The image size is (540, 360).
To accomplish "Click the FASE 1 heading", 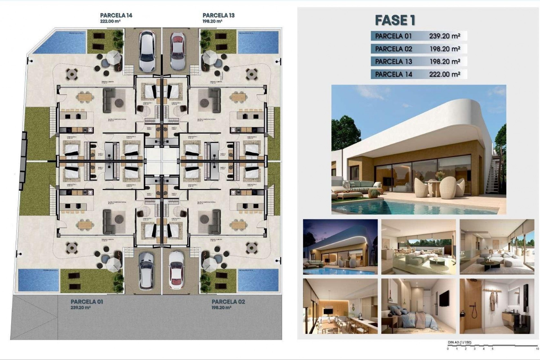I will point(395,20).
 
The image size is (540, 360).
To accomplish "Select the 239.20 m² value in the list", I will point(444,36).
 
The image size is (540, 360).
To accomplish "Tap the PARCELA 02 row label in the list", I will point(393,49).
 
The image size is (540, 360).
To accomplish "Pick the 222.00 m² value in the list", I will point(444,74).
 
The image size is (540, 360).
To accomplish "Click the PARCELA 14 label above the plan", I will point(116,15).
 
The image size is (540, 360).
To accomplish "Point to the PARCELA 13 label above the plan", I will point(219,15).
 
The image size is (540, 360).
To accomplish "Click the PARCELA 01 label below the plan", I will point(87,302).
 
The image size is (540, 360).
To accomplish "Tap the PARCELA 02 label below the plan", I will point(228,302).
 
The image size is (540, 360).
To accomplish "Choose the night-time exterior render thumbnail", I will point(340,247).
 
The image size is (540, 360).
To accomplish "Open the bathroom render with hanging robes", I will point(497,306).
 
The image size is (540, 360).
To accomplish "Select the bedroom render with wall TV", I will point(418,306).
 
